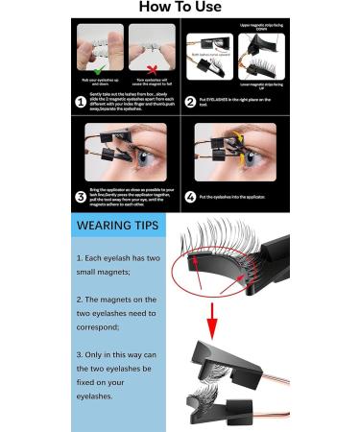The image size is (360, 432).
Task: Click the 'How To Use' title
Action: pos(180,8)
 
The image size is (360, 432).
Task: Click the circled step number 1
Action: pos(82,100)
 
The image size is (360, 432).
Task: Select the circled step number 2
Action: pos(190,100)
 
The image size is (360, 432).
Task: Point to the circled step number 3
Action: pos(82,196)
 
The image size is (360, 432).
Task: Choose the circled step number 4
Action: pos(190,196)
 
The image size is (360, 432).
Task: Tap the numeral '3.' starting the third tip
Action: pos(79,354)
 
